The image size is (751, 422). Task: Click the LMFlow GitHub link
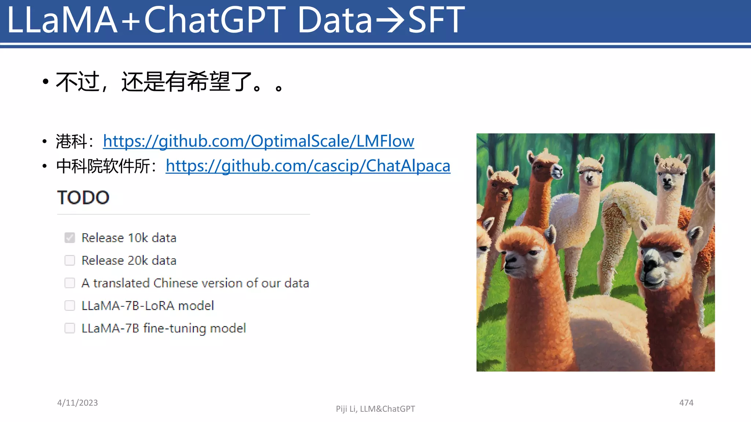pos(259,141)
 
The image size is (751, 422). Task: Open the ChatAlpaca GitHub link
pos(308,166)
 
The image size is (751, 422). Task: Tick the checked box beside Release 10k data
pos(70,238)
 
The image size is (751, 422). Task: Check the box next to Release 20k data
pos(70,260)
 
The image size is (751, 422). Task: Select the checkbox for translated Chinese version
pos(70,283)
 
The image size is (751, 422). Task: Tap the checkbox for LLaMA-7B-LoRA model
pos(70,306)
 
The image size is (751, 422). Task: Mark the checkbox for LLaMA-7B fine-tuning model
pos(70,328)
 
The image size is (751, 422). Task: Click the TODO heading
pos(83,198)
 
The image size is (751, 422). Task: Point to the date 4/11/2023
pos(77,403)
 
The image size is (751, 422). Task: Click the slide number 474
pos(686,403)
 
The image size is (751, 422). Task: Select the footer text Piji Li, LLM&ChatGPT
pos(375,409)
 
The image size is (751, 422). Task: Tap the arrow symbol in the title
pos(390,21)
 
